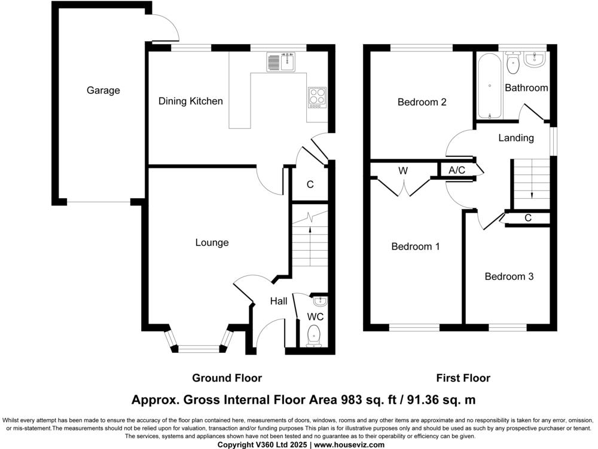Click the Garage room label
tap(103, 91)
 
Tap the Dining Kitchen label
tap(190, 102)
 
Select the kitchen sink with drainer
tap(282, 62)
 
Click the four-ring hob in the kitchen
tap(317, 97)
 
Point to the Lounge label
tap(212, 243)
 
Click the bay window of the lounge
tap(200, 347)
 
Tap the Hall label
tap(279, 302)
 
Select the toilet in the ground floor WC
tap(314, 336)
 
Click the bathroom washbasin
tap(534, 59)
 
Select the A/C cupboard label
tap(457, 171)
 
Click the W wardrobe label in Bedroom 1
tap(403, 171)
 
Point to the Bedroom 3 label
tap(509, 277)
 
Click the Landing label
tap(515, 138)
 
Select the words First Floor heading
tap(463, 378)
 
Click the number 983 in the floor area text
tap(353, 399)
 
